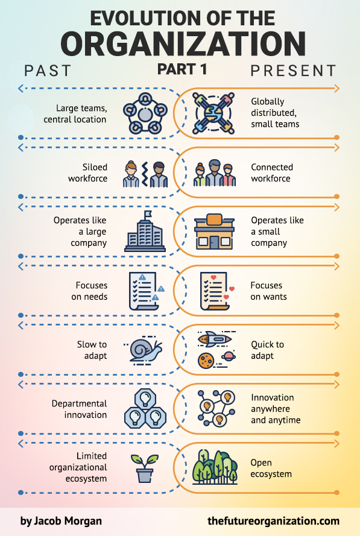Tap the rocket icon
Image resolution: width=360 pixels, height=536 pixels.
215,339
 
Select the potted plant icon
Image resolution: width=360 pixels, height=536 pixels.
145,468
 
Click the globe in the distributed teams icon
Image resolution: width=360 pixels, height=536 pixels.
213,113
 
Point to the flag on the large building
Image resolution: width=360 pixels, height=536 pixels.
148,215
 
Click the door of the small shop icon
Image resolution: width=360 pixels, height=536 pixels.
214,242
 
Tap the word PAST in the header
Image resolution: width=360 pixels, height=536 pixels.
48,71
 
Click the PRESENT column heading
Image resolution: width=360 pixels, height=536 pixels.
293,71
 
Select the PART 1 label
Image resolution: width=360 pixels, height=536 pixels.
182,69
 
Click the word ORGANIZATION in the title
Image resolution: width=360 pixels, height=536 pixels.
183,44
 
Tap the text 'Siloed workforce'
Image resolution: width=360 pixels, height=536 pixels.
87,172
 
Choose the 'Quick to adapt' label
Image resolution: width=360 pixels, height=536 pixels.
267,350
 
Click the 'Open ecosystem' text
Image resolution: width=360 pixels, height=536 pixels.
271,468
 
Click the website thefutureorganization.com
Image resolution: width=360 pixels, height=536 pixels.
273,521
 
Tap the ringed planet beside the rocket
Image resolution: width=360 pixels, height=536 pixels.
229,356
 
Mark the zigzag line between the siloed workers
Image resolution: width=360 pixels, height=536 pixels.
145,174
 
